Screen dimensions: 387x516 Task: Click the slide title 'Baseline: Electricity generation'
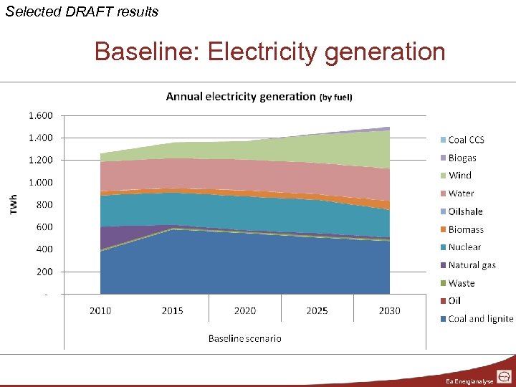point(269,52)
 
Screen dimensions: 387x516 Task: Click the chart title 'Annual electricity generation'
point(241,96)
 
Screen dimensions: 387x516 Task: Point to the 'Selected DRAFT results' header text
point(82,11)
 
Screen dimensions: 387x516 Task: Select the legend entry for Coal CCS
point(466,140)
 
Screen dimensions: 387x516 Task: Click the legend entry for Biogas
point(462,158)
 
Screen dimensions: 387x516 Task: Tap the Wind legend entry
point(459,176)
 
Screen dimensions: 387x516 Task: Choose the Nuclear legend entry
point(464,247)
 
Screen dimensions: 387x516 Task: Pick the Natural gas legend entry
point(471,265)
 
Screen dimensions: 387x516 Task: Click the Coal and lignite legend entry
point(479,319)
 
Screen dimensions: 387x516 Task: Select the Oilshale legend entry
point(465,211)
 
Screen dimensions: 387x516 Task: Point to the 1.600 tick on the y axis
point(40,115)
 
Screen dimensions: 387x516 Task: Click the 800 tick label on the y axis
point(44,205)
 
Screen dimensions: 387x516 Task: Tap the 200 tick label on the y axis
point(44,272)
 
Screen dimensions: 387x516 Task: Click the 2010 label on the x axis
point(100,310)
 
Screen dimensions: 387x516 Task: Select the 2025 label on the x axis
point(317,310)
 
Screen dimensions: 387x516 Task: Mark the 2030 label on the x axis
point(389,310)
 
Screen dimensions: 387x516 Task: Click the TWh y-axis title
point(13,204)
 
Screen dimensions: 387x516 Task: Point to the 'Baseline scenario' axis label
point(244,338)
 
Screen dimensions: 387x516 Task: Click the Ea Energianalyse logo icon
point(503,377)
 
